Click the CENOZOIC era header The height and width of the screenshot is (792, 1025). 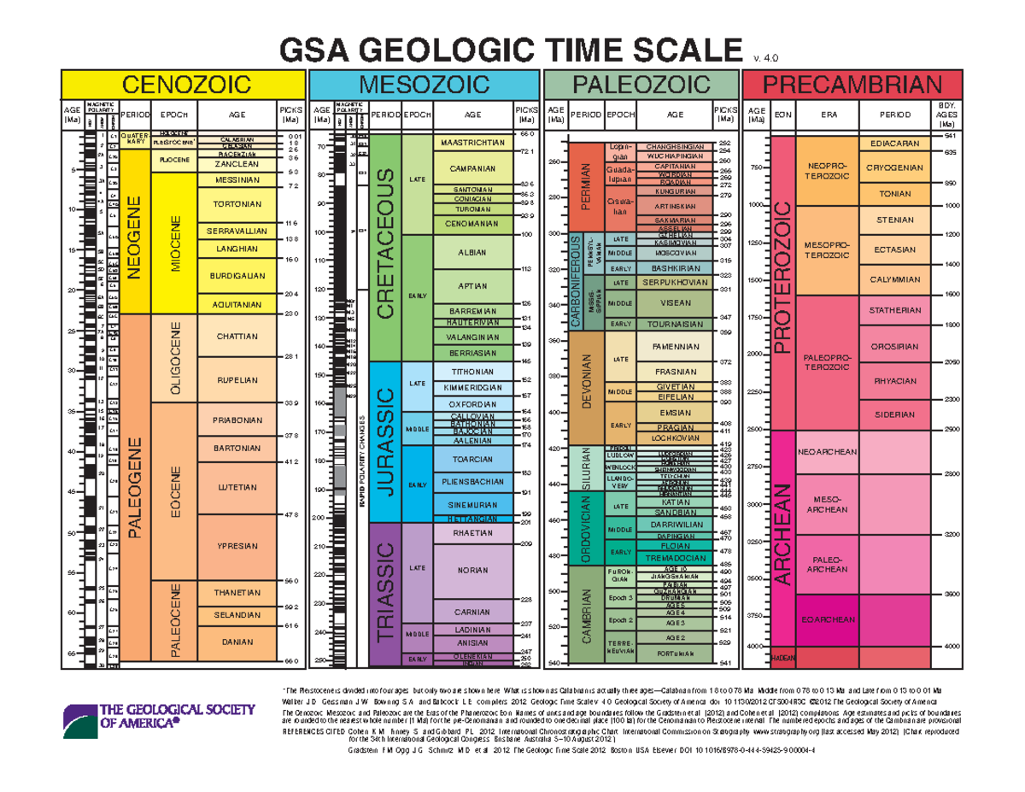(x=182, y=85)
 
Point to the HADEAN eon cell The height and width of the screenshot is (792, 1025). (x=783, y=658)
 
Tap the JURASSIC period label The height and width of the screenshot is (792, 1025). (x=387, y=441)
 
